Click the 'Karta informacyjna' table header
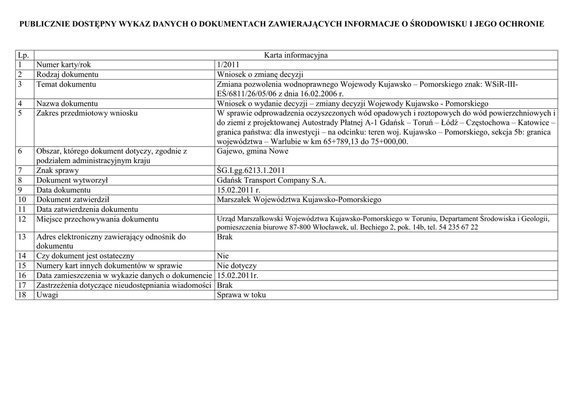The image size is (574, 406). pyautogui.click(x=295, y=55)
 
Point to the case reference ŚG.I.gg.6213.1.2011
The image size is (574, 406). pyautogui.click(x=252, y=170)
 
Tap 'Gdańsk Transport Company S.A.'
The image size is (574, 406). pyautogui.click(x=271, y=180)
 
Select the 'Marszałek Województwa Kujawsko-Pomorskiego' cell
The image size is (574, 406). pyautogui.click(x=299, y=199)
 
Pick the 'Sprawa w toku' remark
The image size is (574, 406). pyautogui.click(x=241, y=295)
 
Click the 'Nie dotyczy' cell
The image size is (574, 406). pyautogui.click(x=237, y=266)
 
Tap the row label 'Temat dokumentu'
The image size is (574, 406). pyautogui.click(x=66, y=84)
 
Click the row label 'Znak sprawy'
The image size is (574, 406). pyautogui.click(x=58, y=170)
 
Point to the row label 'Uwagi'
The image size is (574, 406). pyautogui.click(x=47, y=295)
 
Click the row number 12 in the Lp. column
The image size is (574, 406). pyautogui.click(x=22, y=219)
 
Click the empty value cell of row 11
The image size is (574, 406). pyautogui.click(x=386, y=209)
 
